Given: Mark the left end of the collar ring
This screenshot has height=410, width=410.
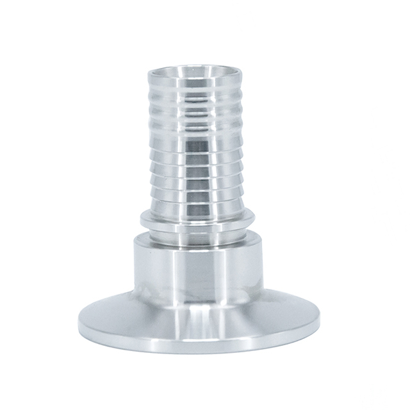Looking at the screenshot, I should [142, 220].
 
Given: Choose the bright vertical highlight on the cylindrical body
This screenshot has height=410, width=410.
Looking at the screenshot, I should [164, 269].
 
